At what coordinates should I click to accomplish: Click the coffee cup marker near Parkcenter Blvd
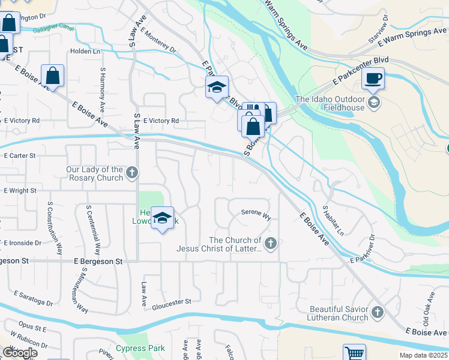(373, 78)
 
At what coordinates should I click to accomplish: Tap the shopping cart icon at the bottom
(354, 353)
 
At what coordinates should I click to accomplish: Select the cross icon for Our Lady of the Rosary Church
(133, 173)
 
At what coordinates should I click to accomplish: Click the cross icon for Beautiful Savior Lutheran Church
(377, 313)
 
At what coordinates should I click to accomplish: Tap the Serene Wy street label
(256, 212)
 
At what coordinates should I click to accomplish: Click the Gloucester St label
(171, 301)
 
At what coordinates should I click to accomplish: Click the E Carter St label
(20, 155)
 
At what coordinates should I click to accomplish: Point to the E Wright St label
(20, 191)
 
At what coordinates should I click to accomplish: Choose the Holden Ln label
(85, 52)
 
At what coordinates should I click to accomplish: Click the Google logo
(20, 353)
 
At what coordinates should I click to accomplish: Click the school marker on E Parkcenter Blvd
(217, 88)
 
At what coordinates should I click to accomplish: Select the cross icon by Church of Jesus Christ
(271, 244)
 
